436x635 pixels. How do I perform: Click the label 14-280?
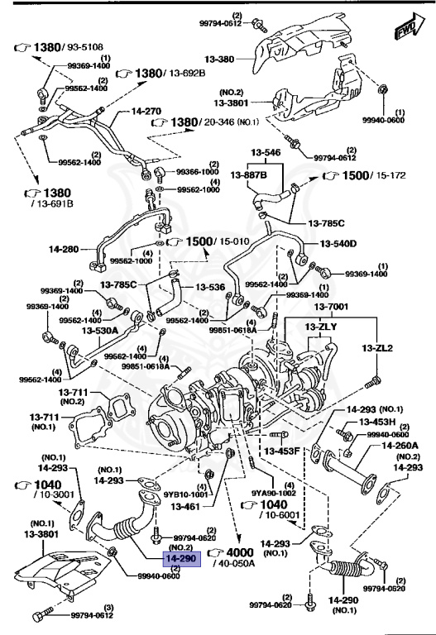coord(66,248)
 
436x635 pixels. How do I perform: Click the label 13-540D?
coord(339,244)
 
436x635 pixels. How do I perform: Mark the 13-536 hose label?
coord(210,288)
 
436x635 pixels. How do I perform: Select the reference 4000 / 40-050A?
coord(237,557)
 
